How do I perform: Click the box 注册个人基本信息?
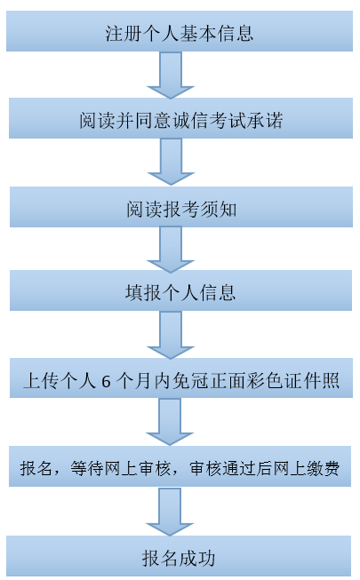pyautogui.click(x=180, y=33)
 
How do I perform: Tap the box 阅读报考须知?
pyautogui.click(x=180, y=208)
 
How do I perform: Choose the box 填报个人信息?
pyautogui.click(x=180, y=293)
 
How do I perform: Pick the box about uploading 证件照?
pyautogui.click(x=180, y=382)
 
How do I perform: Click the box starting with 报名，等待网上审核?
pyautogui.click(x=180, y=469)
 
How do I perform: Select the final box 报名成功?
pyautogui.click(x=180, y=557)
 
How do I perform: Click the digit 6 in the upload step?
pyautogui.click(x=108, y=383)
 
